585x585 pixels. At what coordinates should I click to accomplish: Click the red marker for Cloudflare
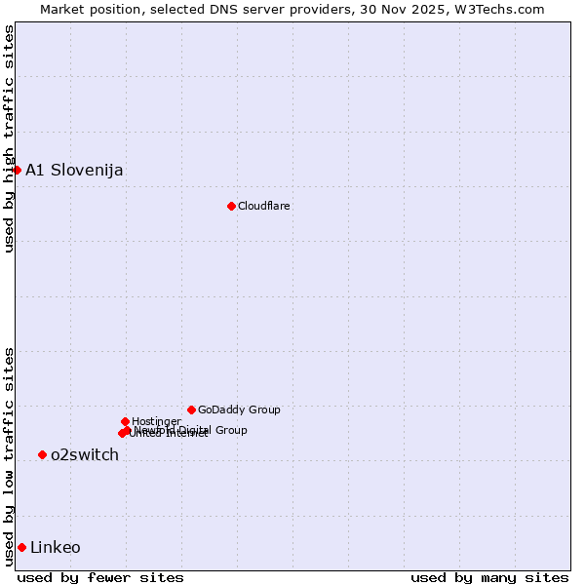click(x=231, y=206)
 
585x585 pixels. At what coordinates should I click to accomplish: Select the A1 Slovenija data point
click(x=17, y=170)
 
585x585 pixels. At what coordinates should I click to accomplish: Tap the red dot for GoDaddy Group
click(x=191, y=409)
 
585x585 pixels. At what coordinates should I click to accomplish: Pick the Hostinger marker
click(x=125, y=421)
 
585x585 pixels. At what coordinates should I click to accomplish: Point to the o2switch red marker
click(x=42, y=454)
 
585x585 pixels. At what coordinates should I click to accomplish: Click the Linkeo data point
click(x=21, y=547)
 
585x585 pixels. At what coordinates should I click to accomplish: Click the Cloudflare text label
click(x=264, y=206)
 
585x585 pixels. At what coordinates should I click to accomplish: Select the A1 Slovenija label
click(x=74, y=170)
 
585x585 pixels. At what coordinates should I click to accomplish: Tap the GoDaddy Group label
click(x=239, y=409)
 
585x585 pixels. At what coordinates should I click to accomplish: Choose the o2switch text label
click(x=85, y=454)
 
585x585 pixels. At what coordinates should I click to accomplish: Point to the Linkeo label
click(x=56, y=547)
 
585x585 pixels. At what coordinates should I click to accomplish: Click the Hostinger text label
click(x=156, y=421)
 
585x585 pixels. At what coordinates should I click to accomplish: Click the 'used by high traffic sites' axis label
click(x=9, y=138)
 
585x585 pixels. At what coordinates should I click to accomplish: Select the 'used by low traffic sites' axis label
click(x=9, y=455)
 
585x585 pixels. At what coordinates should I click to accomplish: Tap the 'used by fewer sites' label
click(x=100, y=577)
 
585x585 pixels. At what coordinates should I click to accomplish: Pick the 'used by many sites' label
click(x=489, y=577)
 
